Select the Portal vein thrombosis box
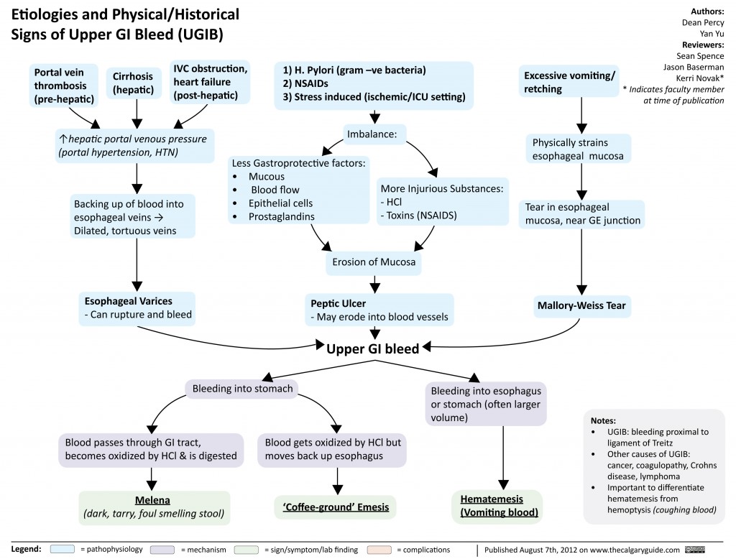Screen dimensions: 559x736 (63, 86)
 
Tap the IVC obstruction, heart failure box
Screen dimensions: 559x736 (209, 82)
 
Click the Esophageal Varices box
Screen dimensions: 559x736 (137, 307)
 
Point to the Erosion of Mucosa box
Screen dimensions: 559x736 (373, 262)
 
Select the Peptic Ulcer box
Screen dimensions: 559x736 (379, 310)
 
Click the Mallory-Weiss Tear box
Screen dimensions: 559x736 (581, 305)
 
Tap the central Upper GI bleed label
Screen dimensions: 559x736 (372, 348)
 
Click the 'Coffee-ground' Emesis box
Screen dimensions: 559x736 (336, 507)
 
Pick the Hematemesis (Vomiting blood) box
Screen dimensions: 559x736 (497, 506)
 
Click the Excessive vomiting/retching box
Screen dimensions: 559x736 (569, 83)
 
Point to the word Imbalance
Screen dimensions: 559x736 (377, 134)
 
